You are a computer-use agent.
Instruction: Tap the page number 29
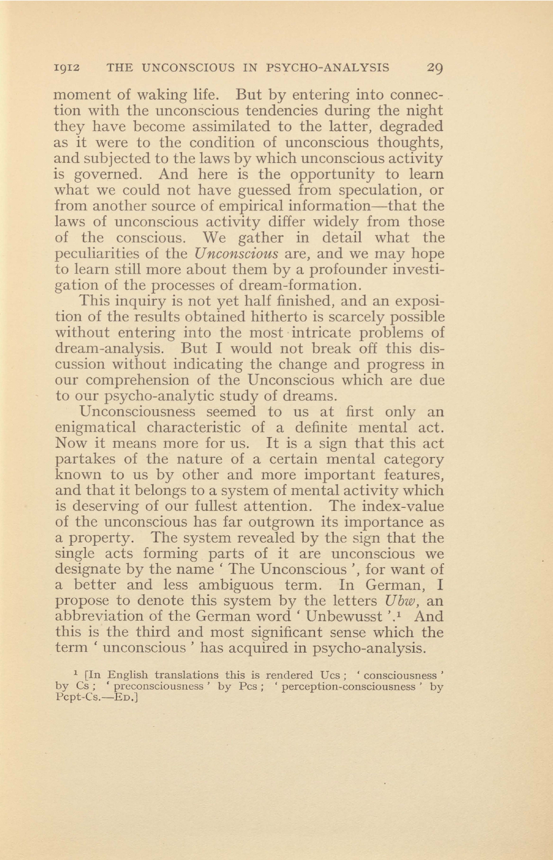[x=434, y=68]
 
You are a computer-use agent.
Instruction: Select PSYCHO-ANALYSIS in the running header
[x=328, y=68]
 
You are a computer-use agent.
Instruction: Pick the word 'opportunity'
[x=333, y=175]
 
